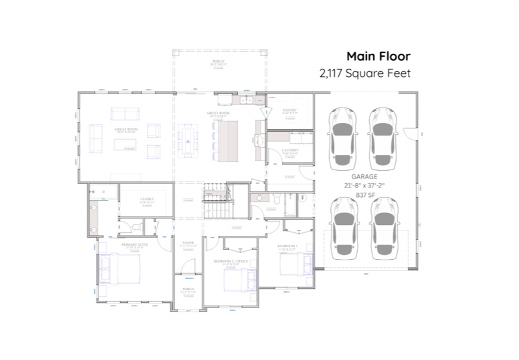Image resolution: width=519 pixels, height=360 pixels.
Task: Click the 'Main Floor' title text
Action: [x=378, y=56]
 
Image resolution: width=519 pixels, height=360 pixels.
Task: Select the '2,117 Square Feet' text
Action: [x=365, y=73]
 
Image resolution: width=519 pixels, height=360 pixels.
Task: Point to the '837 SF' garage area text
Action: [x=365, y=194]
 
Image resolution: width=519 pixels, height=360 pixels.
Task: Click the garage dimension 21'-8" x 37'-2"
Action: [x=365, y=185]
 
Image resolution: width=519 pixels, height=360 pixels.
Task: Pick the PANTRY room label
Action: [x=290, y=110]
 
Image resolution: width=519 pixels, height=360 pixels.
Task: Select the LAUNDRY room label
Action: [x=290, y=150]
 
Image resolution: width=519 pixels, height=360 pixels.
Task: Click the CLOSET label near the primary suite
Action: [x=147, y=199]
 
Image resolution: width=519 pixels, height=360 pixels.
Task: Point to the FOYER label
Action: [x=188, y=243]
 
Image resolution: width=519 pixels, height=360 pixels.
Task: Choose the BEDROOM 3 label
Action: [x=287, y=246]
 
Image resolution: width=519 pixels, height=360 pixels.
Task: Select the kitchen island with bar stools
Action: [x=228, y=141]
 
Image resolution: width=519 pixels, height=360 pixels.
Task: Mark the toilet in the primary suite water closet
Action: [x=136, y=227]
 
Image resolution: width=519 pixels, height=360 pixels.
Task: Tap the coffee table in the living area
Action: [x=125, y=144]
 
